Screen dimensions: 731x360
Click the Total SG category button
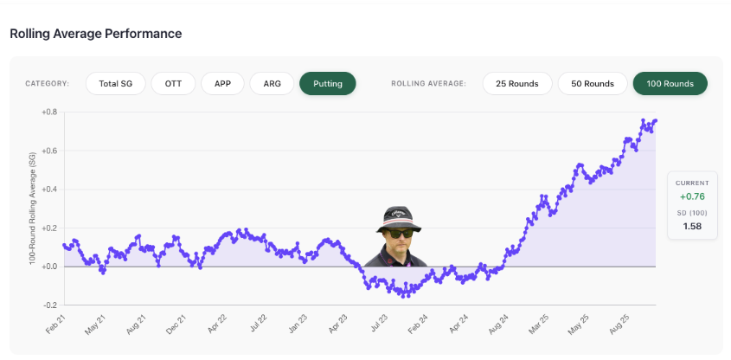tap(116, 84)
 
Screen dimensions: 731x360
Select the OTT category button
tap(173, 84)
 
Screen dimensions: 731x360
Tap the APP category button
tap(222, 84)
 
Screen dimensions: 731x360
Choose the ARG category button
tap(272, 84)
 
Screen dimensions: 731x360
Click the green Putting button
tap(328, 84)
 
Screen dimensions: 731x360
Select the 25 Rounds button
tap(517, 84)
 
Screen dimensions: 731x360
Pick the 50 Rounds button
tap(593, 84)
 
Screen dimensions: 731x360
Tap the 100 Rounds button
tap(670, 84)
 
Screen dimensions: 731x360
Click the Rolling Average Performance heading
tap(95, 34)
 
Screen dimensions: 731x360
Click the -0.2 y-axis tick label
tap(51, 305)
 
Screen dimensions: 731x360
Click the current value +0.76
tap(692, 196)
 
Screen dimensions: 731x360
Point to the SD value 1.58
tap(692, 227)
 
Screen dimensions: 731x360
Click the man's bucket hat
tap(399, 219)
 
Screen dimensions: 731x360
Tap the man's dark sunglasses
tap(399, 233)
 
